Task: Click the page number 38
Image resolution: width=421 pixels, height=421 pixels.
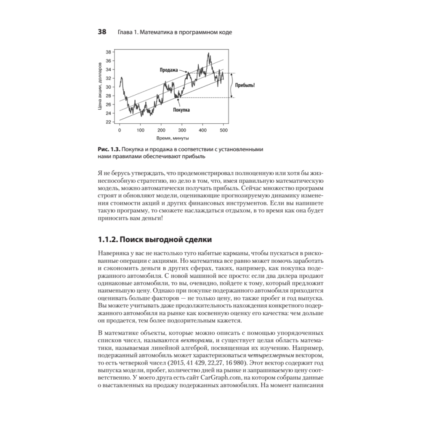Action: coord(102,32)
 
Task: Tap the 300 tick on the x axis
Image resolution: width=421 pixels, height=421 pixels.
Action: coord(182,131)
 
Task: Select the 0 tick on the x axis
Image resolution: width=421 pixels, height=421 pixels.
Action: coord(120,131)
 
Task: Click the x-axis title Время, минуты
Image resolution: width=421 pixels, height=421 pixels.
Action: coord(172,138)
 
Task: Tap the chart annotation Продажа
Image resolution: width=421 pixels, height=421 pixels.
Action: coord(169,70)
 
